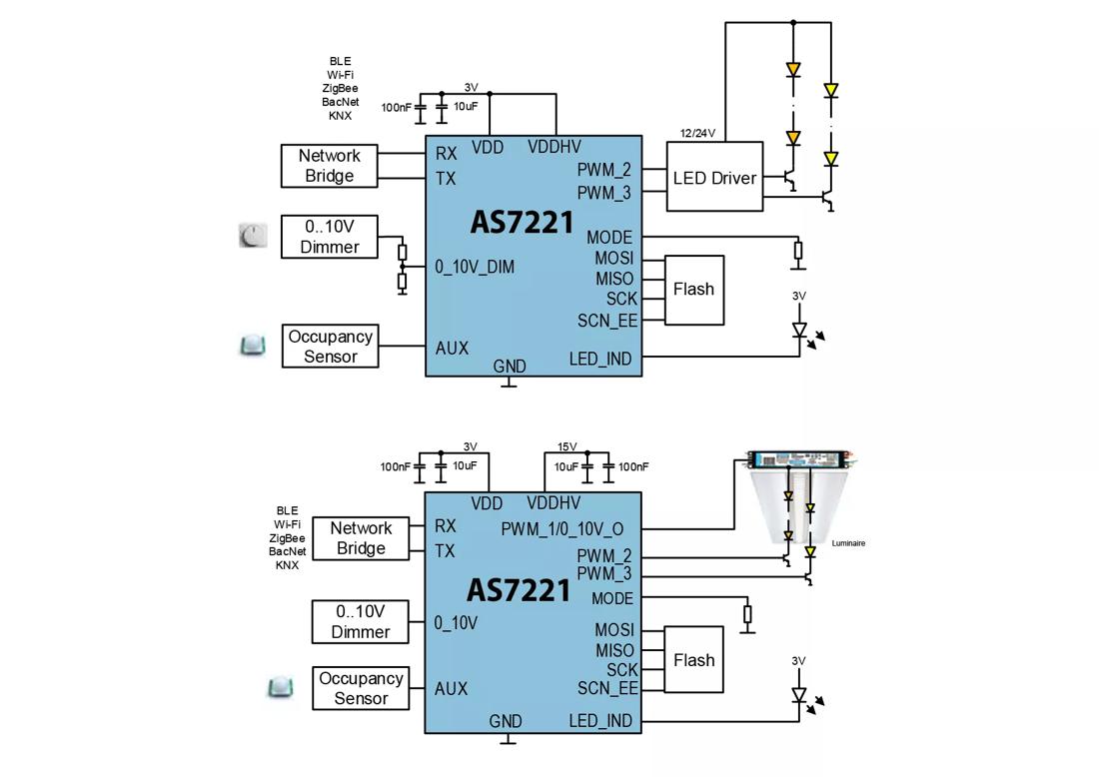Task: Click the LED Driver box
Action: coord(714,178)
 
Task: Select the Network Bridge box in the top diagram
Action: coord(329,166)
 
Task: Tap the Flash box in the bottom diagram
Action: coord(693,660)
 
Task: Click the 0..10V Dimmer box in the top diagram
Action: coord(329,237)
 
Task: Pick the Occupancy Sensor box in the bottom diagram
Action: coord(361,688)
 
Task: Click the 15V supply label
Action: coord(567,446)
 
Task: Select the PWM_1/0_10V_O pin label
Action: coord(562,528)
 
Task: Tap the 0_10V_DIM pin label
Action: coord(475,267)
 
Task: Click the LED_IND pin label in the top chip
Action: coord(600,359)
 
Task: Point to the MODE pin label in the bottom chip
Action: coord(612,598)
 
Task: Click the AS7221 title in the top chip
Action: coord(522,222)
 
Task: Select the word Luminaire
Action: coord(848,543)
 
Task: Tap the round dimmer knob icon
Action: coord(254,236)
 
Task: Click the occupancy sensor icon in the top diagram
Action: coord(253,346)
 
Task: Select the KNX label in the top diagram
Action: coord(340,116)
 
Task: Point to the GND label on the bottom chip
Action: coord(506,721)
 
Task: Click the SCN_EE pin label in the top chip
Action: coord(606,321)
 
